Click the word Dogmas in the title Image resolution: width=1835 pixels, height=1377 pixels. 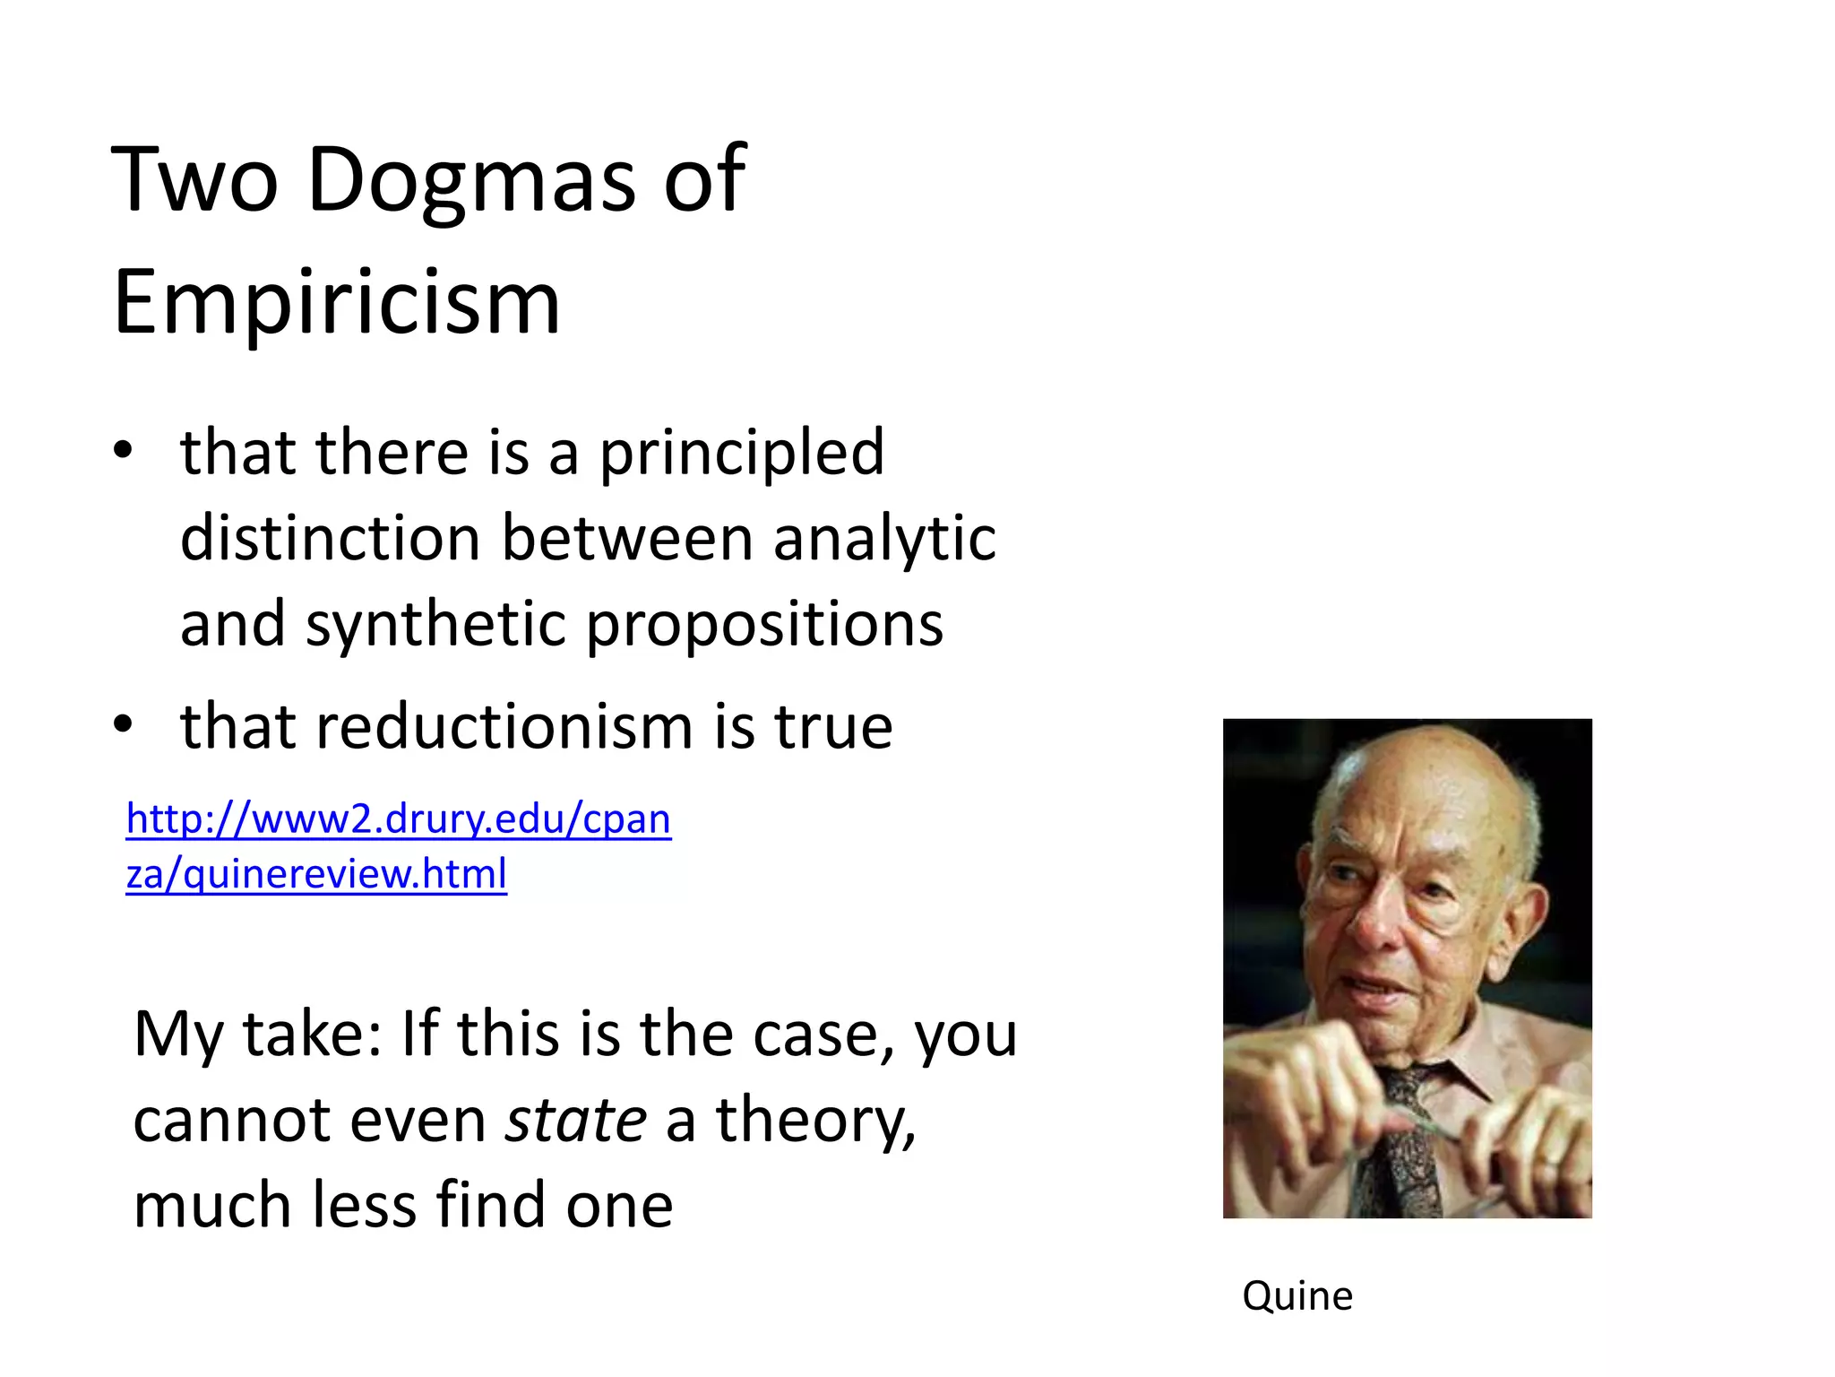click(471, 181)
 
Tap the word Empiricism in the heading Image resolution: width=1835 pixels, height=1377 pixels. click(337, 303)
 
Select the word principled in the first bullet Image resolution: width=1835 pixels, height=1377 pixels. click(742, 453)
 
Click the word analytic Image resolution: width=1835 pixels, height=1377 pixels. click(884, 539)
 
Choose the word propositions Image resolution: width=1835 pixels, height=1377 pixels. click(764, 626)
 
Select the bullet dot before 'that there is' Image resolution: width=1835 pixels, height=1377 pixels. click(123, 449)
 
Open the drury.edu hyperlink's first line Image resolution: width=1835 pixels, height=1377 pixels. click(399, 819)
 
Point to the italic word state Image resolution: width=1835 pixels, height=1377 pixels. click(575, 1121)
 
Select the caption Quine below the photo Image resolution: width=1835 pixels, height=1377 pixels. click(1297, 1296)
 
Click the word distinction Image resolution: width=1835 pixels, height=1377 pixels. click(331, 539)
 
